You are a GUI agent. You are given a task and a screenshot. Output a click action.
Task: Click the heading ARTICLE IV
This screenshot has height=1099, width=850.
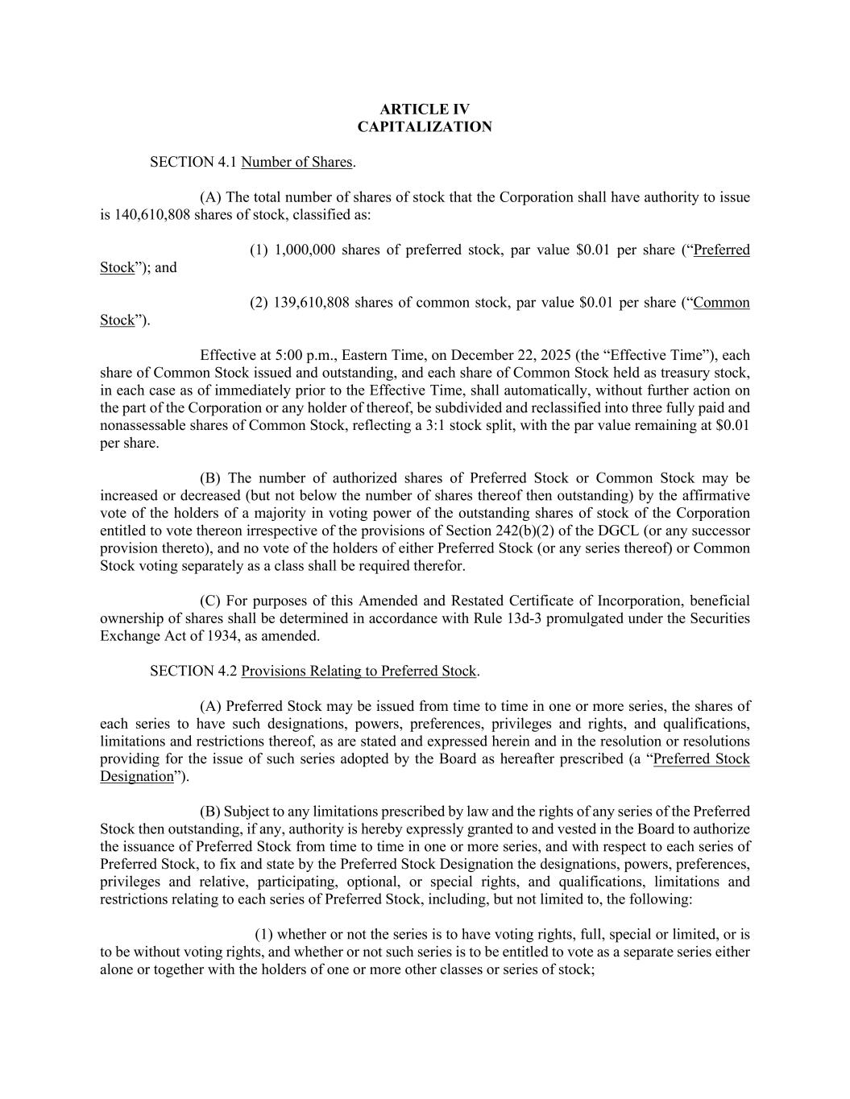pyautogui.click(x=425, y=109)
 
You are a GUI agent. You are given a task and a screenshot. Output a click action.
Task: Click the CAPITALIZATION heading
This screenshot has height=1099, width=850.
pyautogui.click(x=425, y=127)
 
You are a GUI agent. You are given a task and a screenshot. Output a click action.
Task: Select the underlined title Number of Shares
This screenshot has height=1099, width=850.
pyautogui.click(x=296, y=163)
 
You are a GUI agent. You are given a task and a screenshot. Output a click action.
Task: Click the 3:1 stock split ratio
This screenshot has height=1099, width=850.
pyautogui.click(x=438, y=426)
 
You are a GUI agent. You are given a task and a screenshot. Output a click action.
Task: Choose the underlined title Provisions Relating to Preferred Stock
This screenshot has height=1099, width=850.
pyautogui.click(x=359, y=671)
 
